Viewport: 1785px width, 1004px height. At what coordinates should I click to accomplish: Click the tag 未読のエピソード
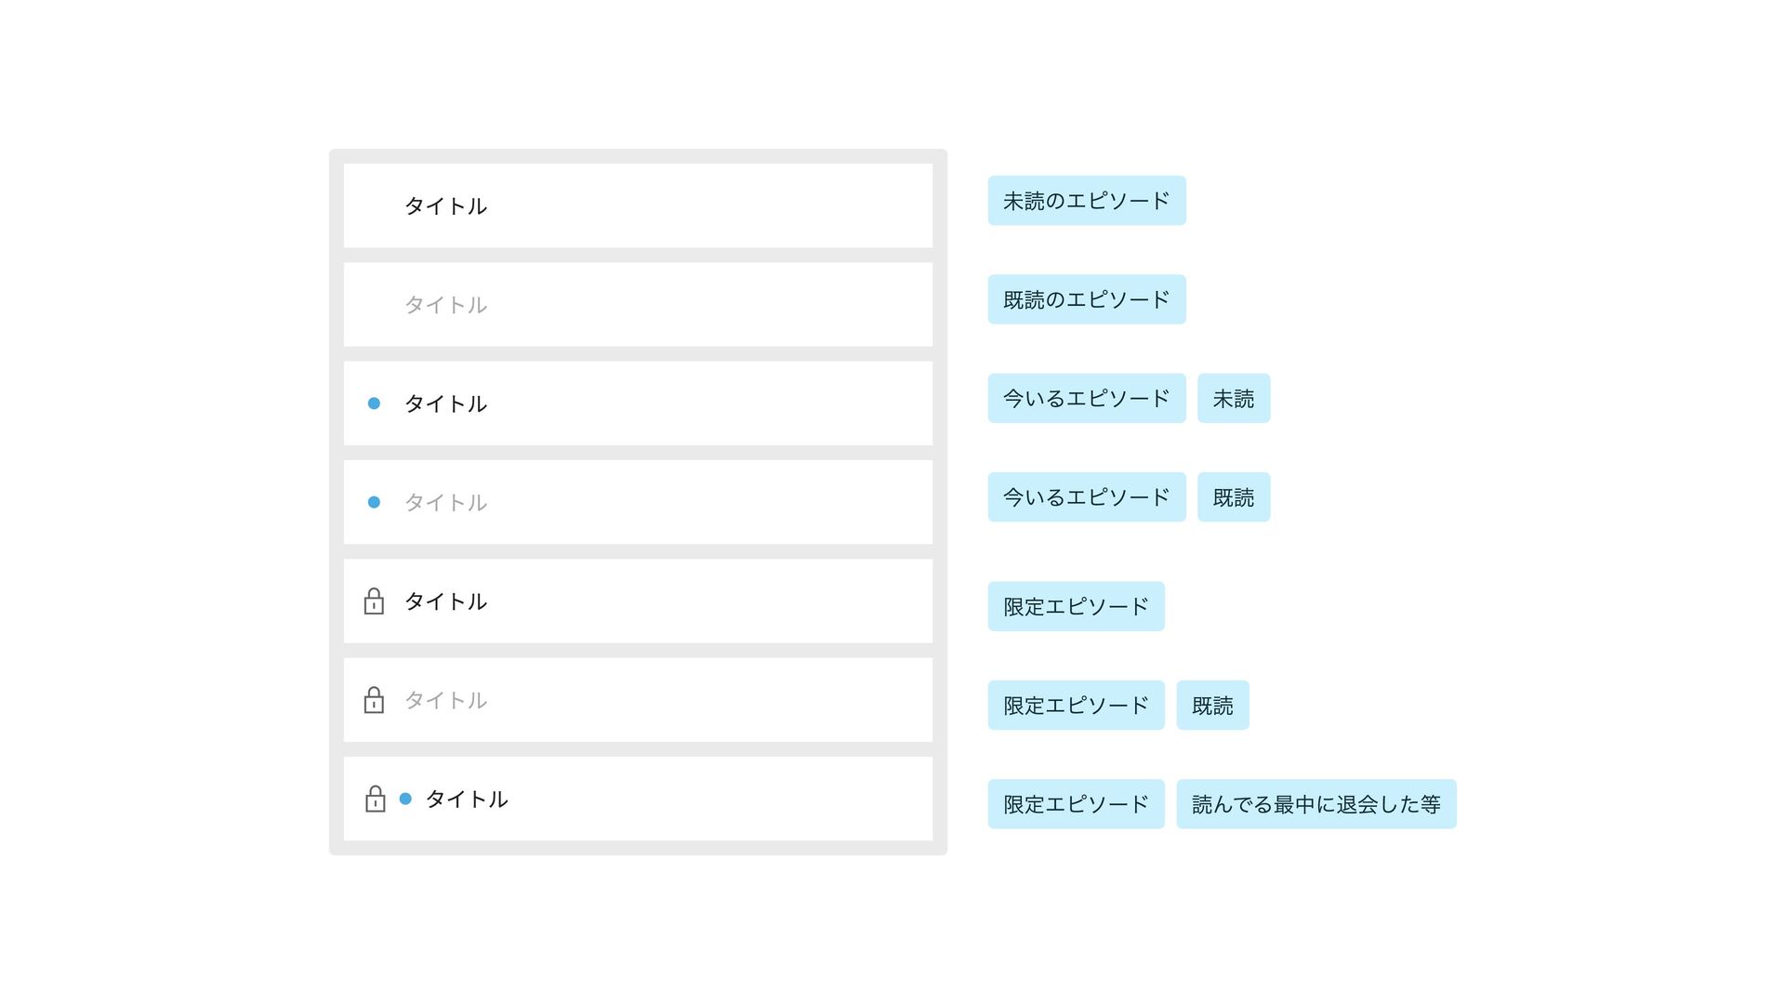(1086, 201)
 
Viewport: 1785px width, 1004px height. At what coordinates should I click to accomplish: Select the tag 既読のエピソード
(1086, 299)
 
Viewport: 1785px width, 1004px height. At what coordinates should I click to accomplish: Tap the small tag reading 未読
(1233, 399)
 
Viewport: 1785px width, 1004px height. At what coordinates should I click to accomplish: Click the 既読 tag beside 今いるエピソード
(1233, 497)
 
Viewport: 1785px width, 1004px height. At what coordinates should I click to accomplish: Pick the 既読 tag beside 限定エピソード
(1212, 706)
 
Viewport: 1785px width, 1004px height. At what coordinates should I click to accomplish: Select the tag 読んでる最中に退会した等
(1316, 804)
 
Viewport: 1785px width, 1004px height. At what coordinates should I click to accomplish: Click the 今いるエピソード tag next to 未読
(1086, 399)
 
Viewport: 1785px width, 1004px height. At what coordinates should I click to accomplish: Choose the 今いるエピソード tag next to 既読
(1086, 497)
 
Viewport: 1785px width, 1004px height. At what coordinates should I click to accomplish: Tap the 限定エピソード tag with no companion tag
(1076, 606)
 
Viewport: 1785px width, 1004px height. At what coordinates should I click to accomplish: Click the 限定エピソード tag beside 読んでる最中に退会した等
(1076, 804)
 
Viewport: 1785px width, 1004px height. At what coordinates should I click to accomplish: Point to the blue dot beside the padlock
(405, 799)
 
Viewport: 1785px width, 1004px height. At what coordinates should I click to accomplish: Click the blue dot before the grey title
(374, 502)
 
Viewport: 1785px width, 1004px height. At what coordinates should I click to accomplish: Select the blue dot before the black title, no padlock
(374, 403)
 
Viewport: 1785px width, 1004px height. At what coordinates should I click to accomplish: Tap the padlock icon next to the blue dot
(375, 799)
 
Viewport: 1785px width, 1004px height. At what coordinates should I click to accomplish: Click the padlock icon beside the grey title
(374, 700)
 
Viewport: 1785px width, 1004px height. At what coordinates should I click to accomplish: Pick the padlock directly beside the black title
(374, 601)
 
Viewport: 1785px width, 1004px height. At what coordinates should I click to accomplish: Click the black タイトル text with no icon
(445, 206)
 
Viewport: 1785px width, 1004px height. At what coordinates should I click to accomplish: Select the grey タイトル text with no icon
(445, 305)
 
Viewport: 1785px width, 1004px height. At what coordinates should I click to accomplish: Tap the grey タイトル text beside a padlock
(445, 700)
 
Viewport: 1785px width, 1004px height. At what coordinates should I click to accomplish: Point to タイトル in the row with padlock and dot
(467, 799)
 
